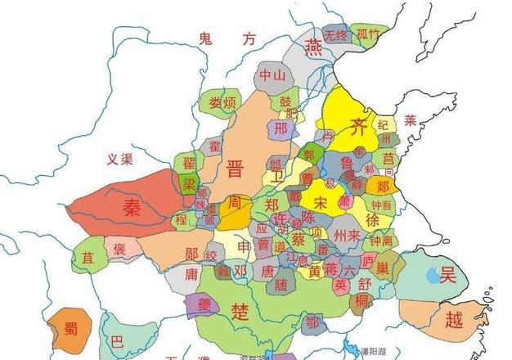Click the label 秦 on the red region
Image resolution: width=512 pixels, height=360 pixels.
[x=131, y=208]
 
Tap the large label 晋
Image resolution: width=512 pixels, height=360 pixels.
[x=236, y=169]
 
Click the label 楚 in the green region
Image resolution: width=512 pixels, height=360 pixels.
[x=240, y=312]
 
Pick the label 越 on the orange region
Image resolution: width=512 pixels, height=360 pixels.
[x=454, y=317]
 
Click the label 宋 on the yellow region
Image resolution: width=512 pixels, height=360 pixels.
[x=323, y=200]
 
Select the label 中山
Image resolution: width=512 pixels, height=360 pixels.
[x=272, y=75]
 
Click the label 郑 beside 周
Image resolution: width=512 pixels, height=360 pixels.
[x=273, y=205]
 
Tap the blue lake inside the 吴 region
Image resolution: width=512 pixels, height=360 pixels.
[x=430, y=277]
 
